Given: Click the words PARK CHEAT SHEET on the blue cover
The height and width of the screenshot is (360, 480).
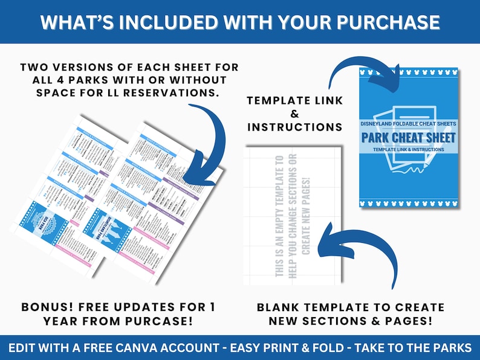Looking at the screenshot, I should pos(409,137).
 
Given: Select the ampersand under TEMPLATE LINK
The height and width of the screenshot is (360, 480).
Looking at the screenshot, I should pos(295,113).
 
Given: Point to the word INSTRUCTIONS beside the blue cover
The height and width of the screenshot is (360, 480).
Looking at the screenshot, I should pos(295,127).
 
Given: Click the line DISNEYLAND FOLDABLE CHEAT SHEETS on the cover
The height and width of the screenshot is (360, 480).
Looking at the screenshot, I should pos(409,123).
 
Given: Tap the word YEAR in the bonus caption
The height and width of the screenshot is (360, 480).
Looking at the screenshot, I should pos(62,321).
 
